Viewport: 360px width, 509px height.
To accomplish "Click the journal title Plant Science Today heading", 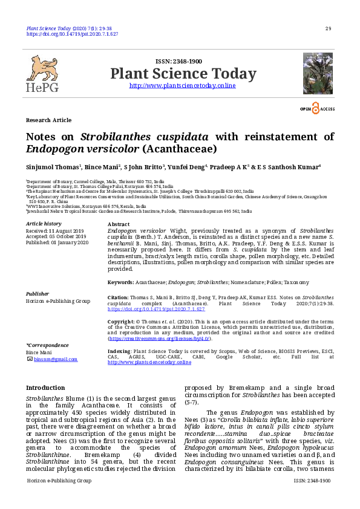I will pyautogui.click(x=183, y=74).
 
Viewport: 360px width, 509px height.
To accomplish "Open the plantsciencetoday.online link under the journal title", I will pyautogui.click(x=183, y=86).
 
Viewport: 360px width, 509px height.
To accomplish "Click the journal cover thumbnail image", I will pyautogui.click(x=318, y=73).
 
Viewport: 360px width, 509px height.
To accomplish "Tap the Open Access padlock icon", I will pyautogui.click(x=315, y=108).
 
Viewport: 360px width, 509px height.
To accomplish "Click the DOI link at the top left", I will pyautogui.click(x=72, y=34).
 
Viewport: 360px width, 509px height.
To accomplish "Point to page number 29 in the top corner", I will pyautogui.click(x=328, y=28).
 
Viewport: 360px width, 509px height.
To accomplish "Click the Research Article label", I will pyautogui.click(x=48, y=120).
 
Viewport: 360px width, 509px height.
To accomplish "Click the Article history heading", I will pyautogui.click(x=44, y=224).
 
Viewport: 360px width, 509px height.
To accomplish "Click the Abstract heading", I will pyautogui.click(x=118, y=224).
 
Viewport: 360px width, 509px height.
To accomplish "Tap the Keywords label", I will pyautogui.click(x=120, y=282).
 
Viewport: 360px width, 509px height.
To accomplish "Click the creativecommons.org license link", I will pyautogui.click(x=160, y=339).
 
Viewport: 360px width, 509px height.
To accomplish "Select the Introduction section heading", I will pyautogui.click(x=45, y=387).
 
